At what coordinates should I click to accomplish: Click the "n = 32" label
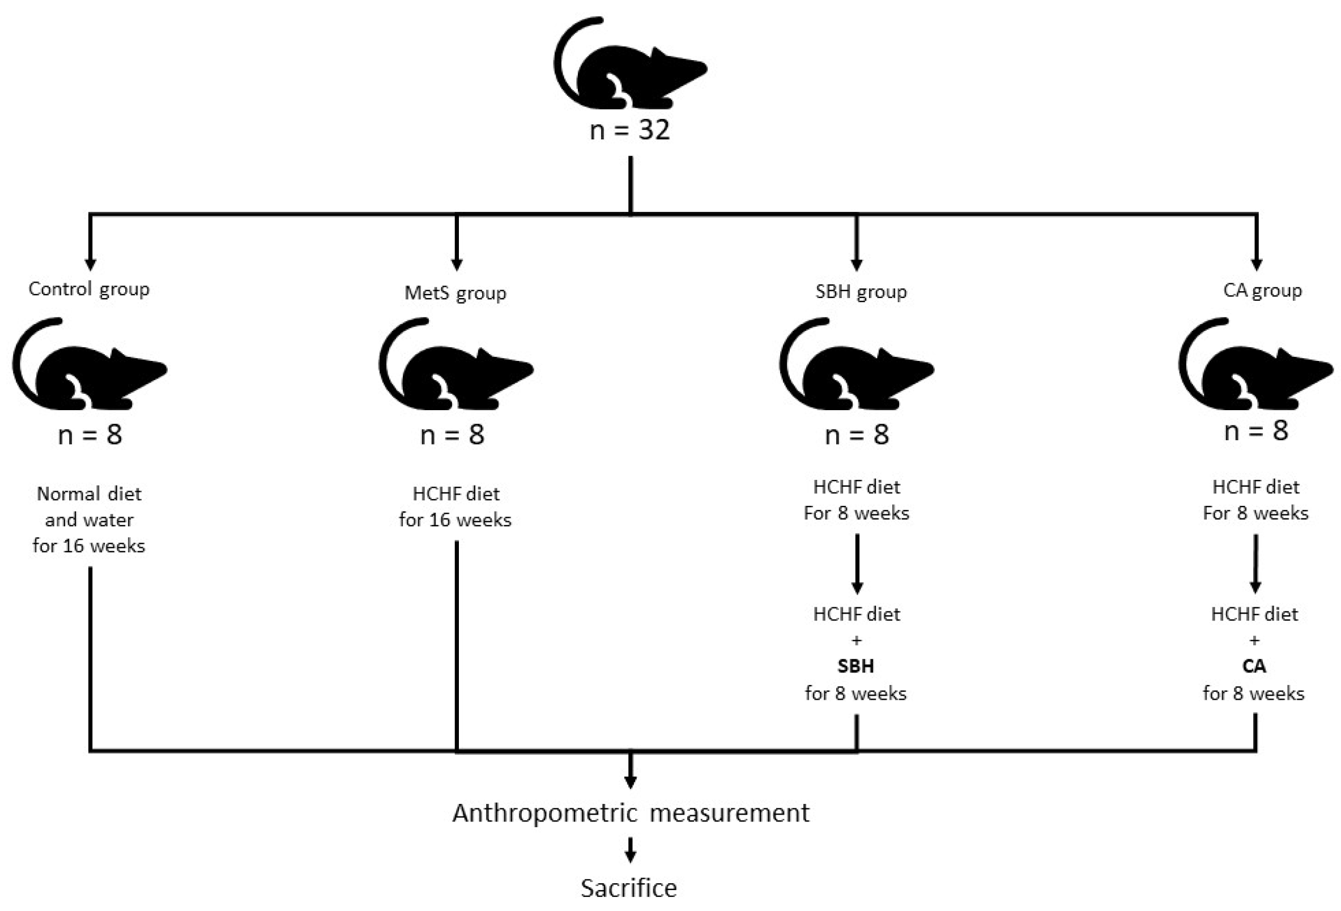click(629, 130)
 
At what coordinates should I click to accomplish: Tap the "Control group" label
click(89, 288)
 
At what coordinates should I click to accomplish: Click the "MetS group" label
click(455, 292)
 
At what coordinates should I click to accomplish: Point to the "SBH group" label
click(861, 291)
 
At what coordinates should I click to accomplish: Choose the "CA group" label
click(1262, 290)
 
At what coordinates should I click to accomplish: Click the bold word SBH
click(855, 666)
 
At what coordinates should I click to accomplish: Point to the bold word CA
click(1254, 666)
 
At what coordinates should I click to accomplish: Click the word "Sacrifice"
click(628, 888)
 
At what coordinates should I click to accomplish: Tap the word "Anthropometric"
click(545, 814)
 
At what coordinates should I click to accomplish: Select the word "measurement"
click(729, 813)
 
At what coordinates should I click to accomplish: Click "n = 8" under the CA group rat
click(1256, 431)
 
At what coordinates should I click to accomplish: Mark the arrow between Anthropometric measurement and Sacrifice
click(630, 850)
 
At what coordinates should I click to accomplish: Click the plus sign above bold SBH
click(856, 640)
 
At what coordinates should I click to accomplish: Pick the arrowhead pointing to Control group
click(90, 264)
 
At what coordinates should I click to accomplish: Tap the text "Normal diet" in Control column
click(89, 494)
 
